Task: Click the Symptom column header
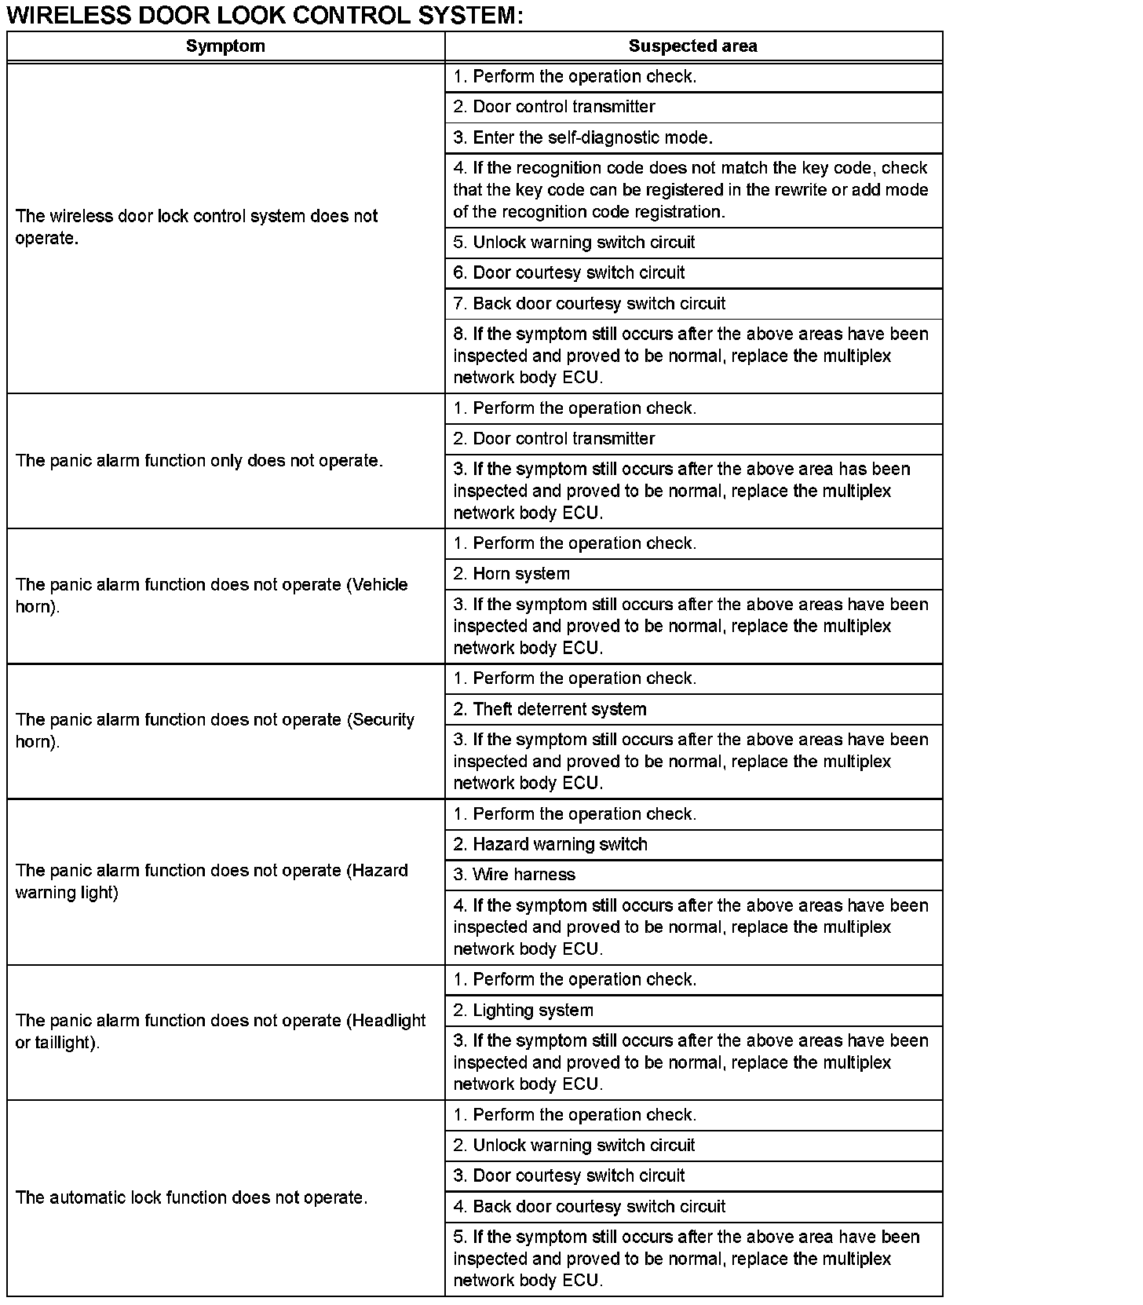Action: (225, 46)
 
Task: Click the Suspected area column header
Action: (692, 46)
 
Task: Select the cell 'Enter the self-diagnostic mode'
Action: (582, 137)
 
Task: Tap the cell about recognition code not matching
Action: (691, 190)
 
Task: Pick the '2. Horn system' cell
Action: (521, 574)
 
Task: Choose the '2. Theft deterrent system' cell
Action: (559, 709)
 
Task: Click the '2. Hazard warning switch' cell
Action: (560, 844)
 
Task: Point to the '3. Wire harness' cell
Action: (524, 875)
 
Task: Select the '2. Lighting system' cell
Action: (533, 1011)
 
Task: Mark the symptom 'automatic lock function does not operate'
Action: (192, 1198)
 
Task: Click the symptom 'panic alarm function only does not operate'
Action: (199, 461)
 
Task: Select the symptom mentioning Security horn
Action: (214, 731)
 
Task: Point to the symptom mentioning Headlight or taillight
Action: (220, 1032)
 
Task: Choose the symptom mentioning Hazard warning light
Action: (211, 882)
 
